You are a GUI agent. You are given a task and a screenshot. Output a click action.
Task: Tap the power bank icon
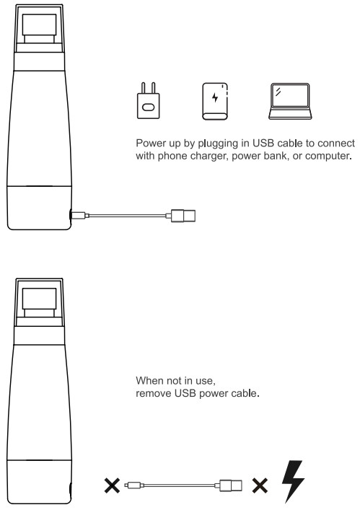pyautogui.click(x=215, y=101)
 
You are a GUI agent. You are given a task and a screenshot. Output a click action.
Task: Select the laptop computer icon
pyautogui.click(x=290, y=101)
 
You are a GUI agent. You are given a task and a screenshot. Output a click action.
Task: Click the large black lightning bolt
pyautogui.click(x=293, y=480)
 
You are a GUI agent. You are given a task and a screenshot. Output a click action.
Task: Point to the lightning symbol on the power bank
pyautogui.click(x=215, y=97)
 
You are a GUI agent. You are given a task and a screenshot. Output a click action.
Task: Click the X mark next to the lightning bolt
pyautogui.click(x=260, y=485)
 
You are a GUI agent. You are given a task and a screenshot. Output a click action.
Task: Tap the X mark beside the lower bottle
pyautogui.click(x=112, y=485)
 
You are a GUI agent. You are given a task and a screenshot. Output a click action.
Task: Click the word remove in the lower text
pyautogui.click(x=154, y=394)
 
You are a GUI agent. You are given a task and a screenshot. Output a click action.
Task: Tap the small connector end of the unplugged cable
pyautogui.click(x=134, y=485)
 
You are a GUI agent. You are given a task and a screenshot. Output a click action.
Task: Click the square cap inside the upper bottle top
pyautogui.click(x=40, y=25)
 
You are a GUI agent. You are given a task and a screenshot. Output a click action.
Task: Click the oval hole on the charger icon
pyautogui.click(x=149, y=107)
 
